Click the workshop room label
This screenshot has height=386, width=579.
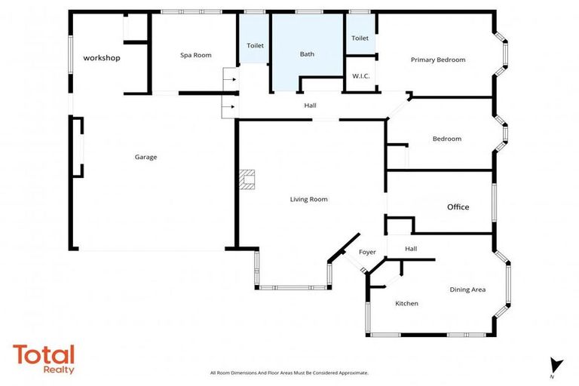[102, 58]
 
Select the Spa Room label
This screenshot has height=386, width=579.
[195, 55]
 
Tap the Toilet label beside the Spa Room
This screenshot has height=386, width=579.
[256, 46]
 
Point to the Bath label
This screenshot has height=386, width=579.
[307, 54]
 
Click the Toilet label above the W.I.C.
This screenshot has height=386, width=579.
[360, 38]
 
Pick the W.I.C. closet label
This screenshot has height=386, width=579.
[360, 76]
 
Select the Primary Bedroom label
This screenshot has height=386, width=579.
[437, 60]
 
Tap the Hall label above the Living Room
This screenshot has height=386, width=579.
[310, 106]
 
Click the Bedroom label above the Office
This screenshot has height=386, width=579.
[446, 139]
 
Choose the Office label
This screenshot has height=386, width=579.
[458, 207]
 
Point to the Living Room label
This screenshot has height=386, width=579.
[309, 199]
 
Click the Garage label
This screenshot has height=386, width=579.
[146, 157]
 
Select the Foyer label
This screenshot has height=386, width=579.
[366, 252]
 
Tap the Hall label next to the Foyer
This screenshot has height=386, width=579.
[411, 249]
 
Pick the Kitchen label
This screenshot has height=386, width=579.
[406, 303]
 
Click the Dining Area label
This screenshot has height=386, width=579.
[467, 289]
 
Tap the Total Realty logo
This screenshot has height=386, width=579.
[44, 359]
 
